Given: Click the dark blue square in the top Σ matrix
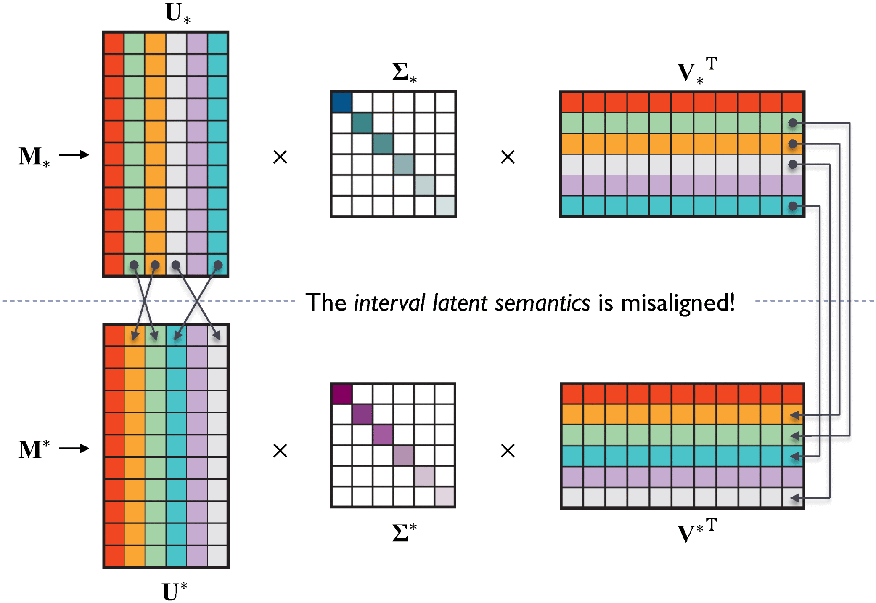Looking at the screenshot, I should (341, 102).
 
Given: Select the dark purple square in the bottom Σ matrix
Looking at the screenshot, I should (341, 394).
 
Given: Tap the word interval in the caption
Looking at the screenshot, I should (389, 303).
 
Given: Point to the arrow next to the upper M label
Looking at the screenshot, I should (74, 155).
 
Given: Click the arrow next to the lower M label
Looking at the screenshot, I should (74, 449).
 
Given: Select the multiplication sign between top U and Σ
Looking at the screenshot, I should (280, 157).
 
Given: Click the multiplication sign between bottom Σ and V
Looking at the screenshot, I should (508, 451).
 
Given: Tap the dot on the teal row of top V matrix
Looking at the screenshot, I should (793, 206).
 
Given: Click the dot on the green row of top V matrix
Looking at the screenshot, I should (793, 123).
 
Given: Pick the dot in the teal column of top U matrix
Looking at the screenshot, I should (218, 265).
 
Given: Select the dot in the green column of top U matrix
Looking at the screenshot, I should (134, 265).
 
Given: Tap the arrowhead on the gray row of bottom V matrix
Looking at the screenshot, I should (794, 498).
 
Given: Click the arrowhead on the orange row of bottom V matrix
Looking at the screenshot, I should (794, 415).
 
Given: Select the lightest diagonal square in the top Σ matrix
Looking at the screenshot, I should (445, 206).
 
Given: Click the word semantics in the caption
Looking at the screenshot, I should (543, 303).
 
